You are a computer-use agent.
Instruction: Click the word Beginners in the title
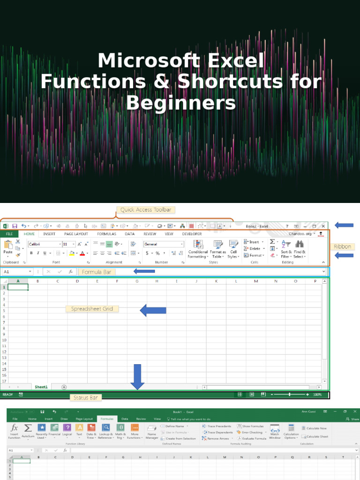coord(180,103)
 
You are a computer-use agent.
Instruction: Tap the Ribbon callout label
coord(342,247)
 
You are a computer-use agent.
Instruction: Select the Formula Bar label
coord(96,271)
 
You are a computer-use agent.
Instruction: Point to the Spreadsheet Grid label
coord(92,309)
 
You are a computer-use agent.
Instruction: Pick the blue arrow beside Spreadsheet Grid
coord(153,310)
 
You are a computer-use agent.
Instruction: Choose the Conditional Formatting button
coord(198,248)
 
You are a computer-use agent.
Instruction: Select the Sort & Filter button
coord(286,248)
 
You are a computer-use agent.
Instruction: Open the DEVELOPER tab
coord(192,234)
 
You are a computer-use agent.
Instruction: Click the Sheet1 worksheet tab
coord(41,387)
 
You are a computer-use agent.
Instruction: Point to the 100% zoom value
coord(317,395)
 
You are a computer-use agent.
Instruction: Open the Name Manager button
coord(152,431)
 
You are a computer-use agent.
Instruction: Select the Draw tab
coord(64,419)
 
